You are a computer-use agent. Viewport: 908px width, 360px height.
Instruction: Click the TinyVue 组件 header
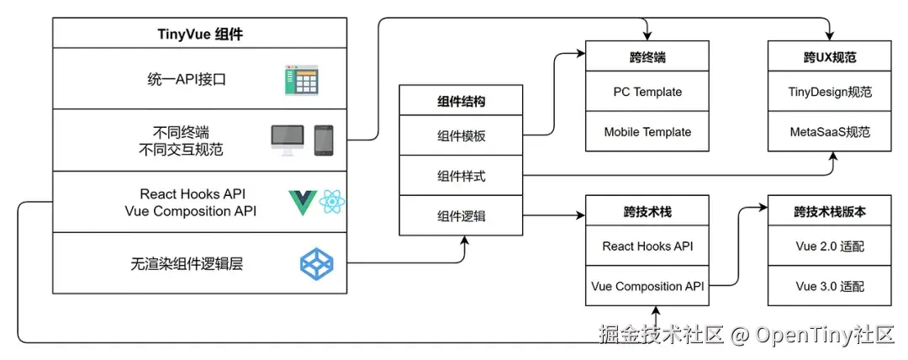pos(199,34)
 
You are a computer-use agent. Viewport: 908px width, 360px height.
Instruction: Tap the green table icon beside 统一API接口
pos(302,80)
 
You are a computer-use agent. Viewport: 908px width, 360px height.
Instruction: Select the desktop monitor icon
pos(287,140)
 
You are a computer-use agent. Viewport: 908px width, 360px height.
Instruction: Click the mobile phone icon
pos(324,140)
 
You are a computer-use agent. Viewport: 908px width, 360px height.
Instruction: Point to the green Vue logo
pos(301,203)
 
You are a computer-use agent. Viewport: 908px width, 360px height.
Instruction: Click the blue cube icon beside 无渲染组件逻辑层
pos(317,264)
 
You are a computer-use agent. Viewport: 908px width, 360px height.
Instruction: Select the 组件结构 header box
pos(461,102)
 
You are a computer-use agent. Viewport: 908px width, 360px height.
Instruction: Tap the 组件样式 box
pos(461,177)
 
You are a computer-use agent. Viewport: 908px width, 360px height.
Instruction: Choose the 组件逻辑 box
pos(461,216)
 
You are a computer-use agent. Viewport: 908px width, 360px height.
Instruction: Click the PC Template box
pos(647,92)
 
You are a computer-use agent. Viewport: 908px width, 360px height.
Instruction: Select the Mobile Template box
pos(647,132)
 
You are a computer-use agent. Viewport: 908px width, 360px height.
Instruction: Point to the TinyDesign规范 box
pos(830,92)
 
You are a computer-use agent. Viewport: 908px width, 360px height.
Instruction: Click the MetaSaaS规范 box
pos(830,132)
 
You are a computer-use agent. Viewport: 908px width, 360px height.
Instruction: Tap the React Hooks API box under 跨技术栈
pos(647,246)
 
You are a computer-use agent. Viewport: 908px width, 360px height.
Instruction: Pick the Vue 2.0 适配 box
pos(830,246)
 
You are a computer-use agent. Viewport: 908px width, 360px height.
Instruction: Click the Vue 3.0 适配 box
pos(830,286)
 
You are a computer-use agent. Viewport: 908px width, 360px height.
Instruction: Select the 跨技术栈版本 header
pos(830,211)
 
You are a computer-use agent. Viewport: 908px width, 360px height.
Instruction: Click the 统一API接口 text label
pos(186,80)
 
